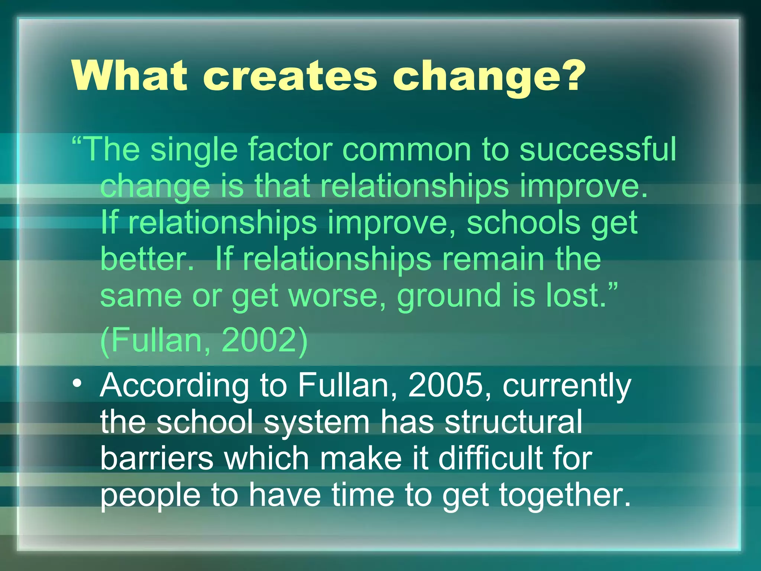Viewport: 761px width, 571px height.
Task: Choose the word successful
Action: coord(598,149)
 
